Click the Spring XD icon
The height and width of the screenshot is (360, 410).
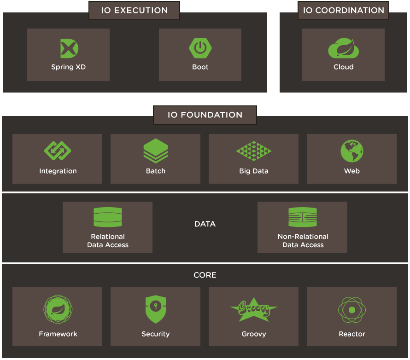(69, 48)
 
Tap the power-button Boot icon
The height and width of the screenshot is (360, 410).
(200, 48)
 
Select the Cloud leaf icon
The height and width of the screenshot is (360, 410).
(343, 48)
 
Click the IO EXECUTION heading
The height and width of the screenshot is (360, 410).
(134, 10)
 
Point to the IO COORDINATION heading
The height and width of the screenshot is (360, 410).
(343, 10)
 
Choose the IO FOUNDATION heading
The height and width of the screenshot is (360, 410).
(205, 115)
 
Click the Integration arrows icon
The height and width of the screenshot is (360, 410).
(58, 151)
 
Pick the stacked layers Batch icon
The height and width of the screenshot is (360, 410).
(156, 151)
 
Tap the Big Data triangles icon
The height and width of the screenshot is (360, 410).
(254, 151)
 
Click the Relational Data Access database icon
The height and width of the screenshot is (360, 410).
(108, 217)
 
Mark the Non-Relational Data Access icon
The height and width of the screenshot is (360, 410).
(303, 217)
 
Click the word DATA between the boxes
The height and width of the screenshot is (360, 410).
(205, 224)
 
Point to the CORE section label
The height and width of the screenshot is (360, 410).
(205, 275)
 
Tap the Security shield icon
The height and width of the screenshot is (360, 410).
(156, 310)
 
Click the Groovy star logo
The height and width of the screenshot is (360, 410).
(254, 310)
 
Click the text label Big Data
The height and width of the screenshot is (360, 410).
(254, 171)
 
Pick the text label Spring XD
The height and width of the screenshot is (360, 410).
(69, 67)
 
